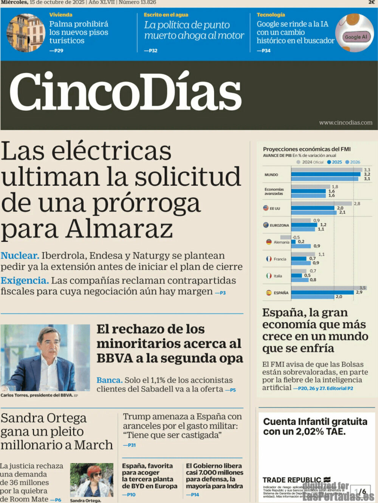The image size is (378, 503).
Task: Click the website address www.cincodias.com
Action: pos(345,123)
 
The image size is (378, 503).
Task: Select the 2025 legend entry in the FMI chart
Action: pos(335,162)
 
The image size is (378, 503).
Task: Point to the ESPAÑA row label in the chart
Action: pos(281,293)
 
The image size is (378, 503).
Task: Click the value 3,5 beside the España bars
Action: pos(363,288)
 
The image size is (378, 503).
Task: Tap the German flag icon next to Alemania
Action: pos(269,242)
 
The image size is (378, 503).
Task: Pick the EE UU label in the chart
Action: pos(275,208)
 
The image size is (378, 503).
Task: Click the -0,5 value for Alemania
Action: pos(296,238)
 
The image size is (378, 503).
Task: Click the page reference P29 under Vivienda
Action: pos(56,51)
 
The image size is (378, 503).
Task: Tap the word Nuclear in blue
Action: pos(20,256)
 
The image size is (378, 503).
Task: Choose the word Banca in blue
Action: pos(109,380)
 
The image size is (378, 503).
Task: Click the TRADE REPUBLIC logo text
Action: pos(292,480)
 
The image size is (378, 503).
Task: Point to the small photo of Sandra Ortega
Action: pos(91,480)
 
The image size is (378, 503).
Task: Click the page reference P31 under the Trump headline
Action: pos(129,445)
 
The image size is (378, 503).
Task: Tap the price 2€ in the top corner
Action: pos(372,2)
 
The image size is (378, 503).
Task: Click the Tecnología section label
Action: pos(271,15)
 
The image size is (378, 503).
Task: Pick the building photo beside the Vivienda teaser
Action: pos(26,33)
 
